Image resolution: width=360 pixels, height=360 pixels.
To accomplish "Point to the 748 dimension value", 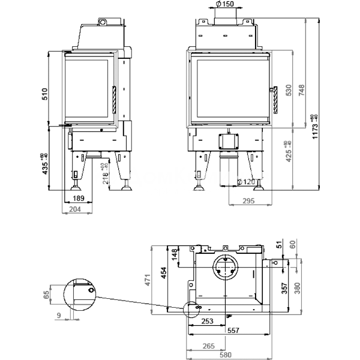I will tap(302, 90).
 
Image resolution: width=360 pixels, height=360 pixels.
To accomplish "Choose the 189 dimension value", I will tap(78, 198).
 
